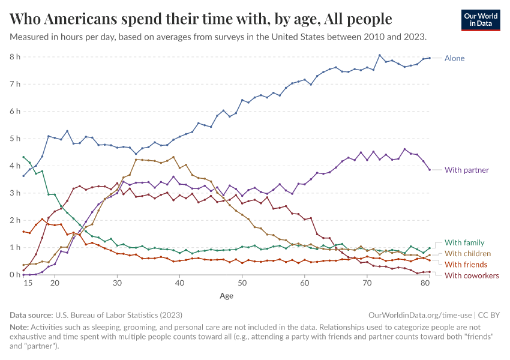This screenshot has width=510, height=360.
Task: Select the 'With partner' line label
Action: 467,170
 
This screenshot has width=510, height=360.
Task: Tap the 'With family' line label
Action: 465,243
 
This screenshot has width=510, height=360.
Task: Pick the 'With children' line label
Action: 468,254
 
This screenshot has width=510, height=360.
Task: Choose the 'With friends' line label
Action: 466,265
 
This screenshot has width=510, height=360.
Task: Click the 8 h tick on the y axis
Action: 14,57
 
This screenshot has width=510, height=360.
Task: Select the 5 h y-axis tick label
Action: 14,139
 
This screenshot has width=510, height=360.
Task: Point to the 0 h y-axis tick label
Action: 14,275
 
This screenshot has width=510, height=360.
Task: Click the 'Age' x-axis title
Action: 226,296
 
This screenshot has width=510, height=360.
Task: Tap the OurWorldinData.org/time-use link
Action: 419,314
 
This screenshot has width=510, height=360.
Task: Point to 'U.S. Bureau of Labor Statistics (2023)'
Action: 119,314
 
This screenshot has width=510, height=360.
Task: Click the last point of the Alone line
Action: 429,58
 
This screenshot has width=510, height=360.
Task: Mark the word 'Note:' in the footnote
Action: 20,327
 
